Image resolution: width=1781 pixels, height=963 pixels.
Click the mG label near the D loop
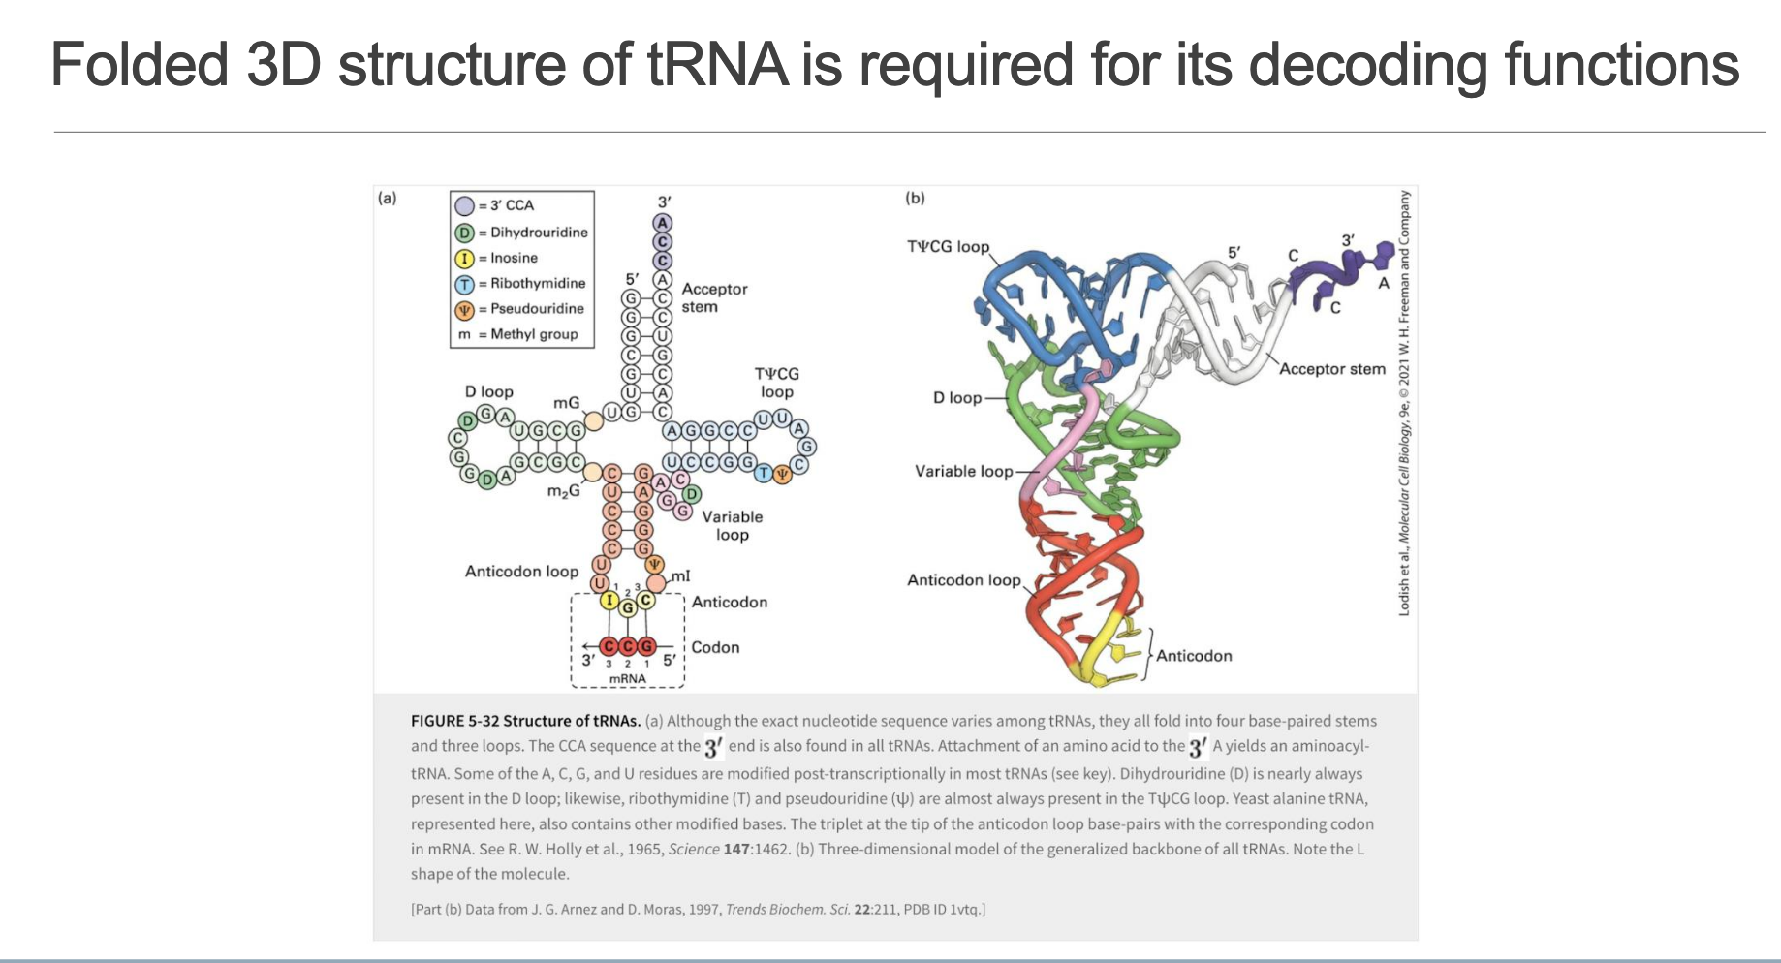[x=566, y=402]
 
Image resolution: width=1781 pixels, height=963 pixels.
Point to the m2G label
[x=563, y=491]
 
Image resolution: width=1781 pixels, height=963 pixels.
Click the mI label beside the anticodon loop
[x=680, y=575]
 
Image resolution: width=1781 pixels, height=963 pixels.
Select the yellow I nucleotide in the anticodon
[x=609, y=600]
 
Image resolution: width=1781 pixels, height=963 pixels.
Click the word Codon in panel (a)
[x=715, y=647]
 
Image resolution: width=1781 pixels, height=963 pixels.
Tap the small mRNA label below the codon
[x=627, y=678]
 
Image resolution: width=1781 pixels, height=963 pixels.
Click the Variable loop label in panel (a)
[x=733, y=525]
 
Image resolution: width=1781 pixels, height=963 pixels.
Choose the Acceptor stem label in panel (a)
[x=714, y=297]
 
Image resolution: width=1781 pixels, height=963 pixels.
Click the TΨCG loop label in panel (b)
[x=948, y=247]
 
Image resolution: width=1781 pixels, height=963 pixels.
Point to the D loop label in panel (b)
[x=957, y=397]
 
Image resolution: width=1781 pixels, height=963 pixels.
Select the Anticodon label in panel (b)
[x=1194, y=656]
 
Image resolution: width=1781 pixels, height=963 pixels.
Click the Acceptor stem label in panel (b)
[x=1332, y=369]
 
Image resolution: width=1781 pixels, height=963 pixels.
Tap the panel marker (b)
[x=915, y=198]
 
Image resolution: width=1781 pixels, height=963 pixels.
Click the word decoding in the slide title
[x=1368, y=65]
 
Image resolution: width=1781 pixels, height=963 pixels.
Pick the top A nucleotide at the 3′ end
[x=663, y=223]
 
